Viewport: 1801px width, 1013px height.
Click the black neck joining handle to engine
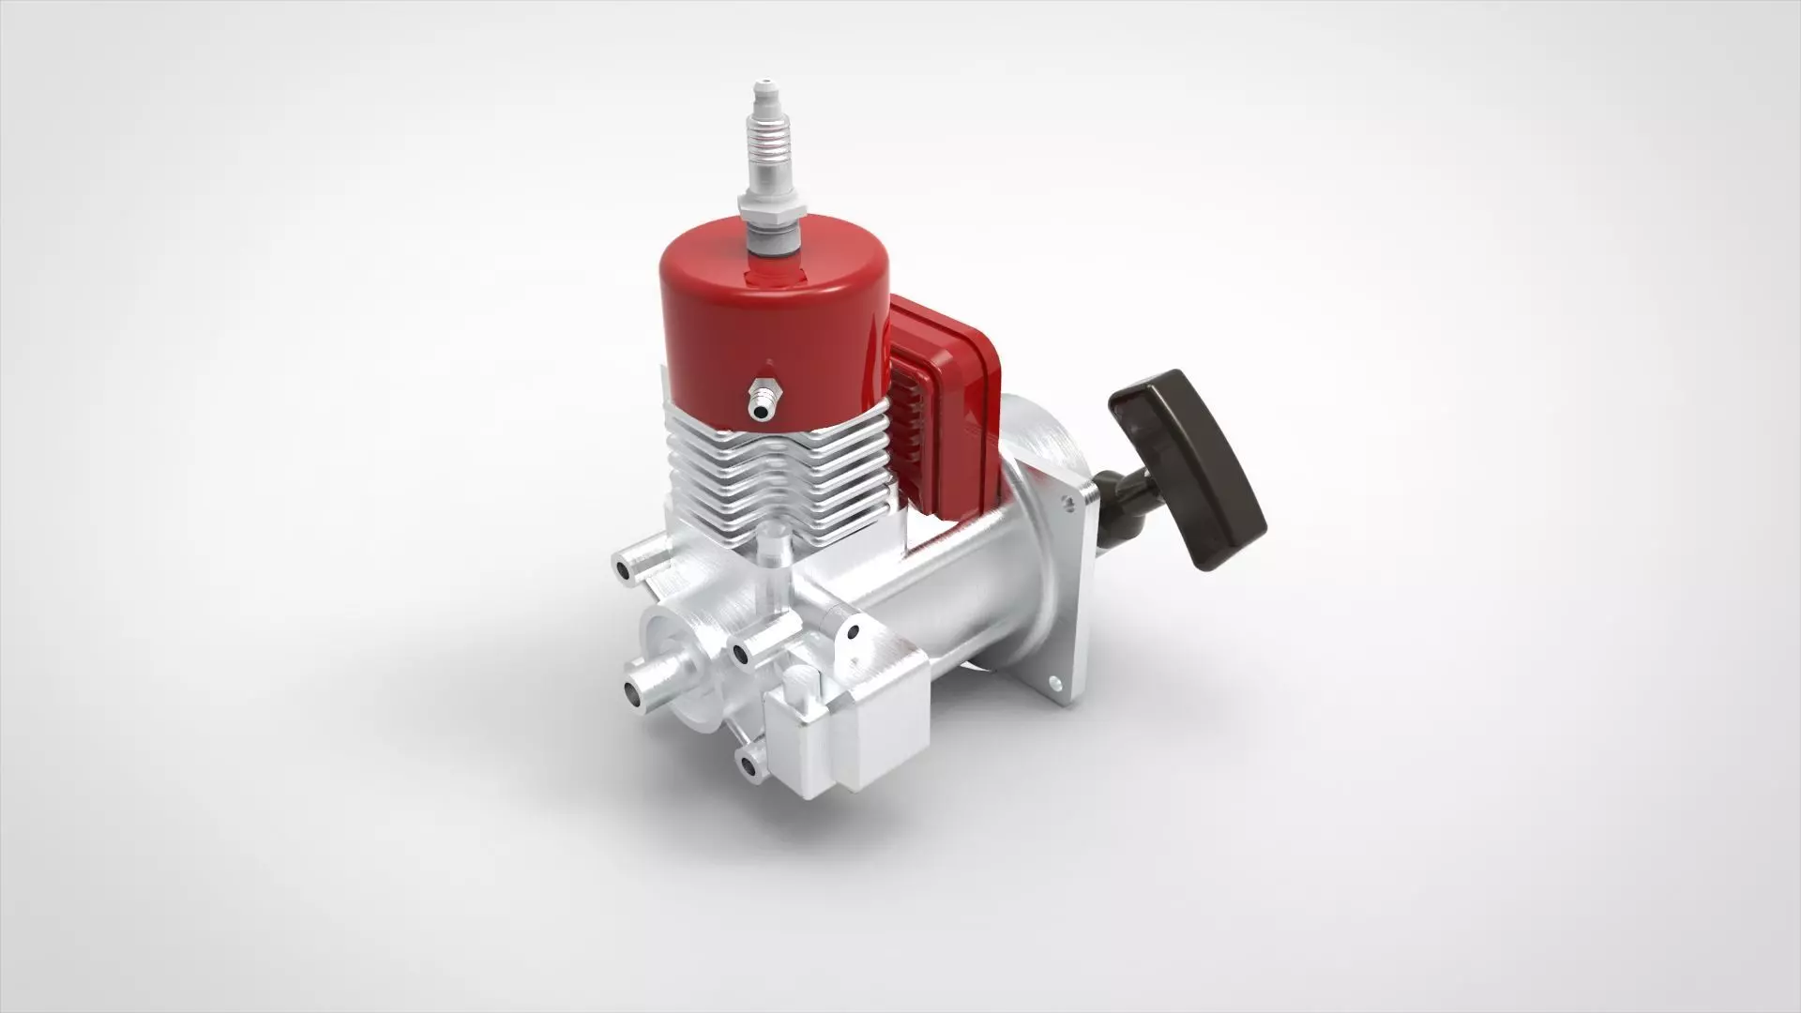[x=1121, y=506]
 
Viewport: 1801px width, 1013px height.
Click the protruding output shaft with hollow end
[x=647, y=685]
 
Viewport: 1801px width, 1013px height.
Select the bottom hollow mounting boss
[x=749, y=767]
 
